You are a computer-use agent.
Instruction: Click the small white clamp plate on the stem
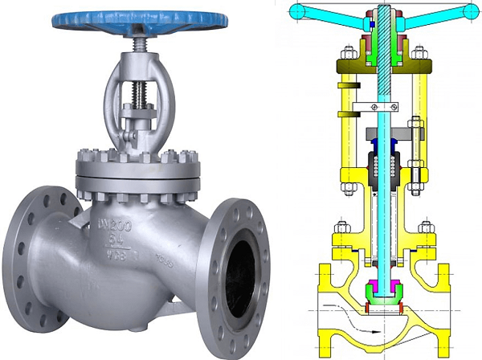point(374,106)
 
